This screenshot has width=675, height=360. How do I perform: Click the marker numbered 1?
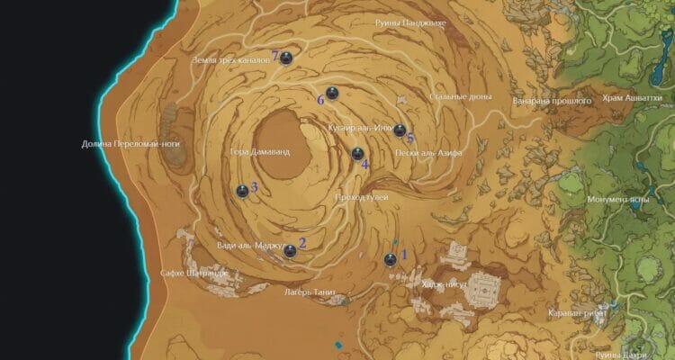tap(390, 260)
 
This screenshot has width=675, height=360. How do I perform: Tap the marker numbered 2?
tap(290, 251)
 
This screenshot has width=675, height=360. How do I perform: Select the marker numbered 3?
tap(242, 191)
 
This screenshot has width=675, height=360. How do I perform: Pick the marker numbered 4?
tap(357, 153)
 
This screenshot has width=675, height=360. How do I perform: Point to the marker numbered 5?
tap(400, 130)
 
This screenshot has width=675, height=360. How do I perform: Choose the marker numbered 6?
tap(331, 93)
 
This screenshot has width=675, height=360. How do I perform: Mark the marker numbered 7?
tap(286, 58)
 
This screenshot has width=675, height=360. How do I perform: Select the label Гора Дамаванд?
tap(260, 152)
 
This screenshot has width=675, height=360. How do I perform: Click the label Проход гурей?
tap(361, 196)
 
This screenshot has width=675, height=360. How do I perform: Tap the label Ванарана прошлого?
tap(552, 101)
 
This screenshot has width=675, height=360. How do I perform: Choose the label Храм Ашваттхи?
tap(633, 100)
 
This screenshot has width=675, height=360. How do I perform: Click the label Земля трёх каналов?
tap(230, 61)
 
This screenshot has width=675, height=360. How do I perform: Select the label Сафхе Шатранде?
tap(193, 273)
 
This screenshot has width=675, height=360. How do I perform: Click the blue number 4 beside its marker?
tap(364, 164)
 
